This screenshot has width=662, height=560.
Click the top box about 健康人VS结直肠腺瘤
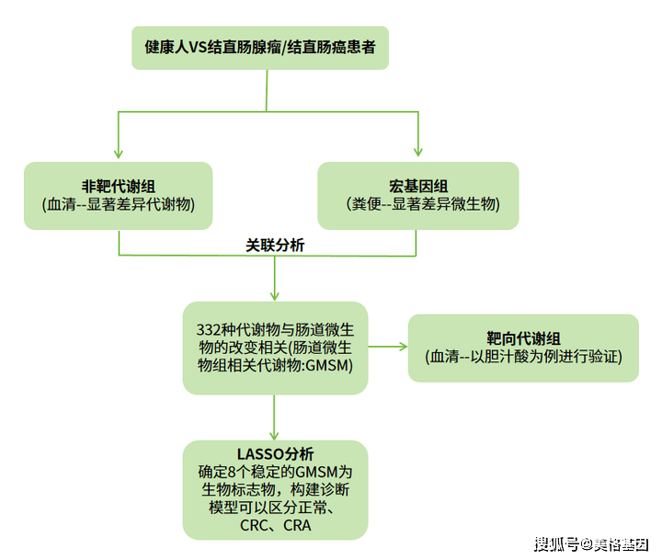coord(260,48)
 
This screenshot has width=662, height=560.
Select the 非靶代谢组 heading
coord(119,187)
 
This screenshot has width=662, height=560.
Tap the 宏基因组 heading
coord(418,187)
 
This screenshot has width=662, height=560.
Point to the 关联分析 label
coord(275,245)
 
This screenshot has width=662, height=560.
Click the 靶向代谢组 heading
coord(523,338)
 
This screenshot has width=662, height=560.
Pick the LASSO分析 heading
coord(275,454)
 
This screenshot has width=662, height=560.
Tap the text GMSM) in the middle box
coord(329,365)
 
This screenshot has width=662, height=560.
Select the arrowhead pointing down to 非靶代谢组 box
coord(119,154)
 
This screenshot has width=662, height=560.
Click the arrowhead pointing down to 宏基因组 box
coord(418,152)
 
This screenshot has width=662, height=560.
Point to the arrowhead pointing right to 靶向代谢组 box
coord(404,347)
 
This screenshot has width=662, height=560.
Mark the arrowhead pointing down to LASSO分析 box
coord(274,436)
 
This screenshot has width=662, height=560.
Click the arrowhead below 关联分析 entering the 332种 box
coord(274,295)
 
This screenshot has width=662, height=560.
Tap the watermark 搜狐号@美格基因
coord(591,544)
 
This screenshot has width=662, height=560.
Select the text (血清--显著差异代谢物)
coord(119,204)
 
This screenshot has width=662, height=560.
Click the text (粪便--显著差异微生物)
coord(423,204)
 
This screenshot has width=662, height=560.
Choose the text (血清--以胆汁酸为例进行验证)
coord(523,357)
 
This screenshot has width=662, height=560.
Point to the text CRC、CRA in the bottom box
coord(275,525)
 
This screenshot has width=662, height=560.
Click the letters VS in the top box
coord(198,47)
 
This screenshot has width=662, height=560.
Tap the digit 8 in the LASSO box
coord(233,472)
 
